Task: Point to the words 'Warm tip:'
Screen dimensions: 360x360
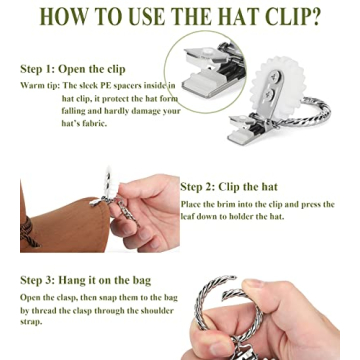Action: tap(39, 86)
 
